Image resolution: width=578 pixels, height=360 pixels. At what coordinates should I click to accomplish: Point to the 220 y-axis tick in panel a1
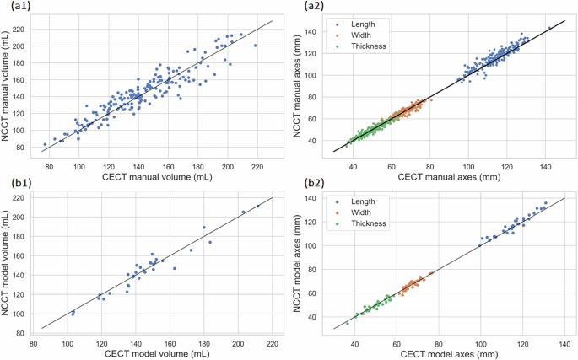click(x=23, y=29)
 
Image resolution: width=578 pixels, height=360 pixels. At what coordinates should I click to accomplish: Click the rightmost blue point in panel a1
click(x=256, y=46)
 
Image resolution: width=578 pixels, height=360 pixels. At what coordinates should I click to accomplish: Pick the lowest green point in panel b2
click(x=347, y=323)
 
